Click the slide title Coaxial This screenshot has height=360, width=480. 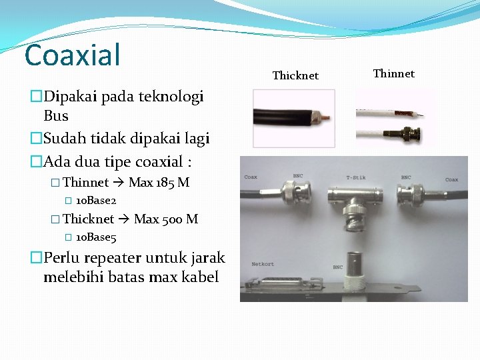click(72, 55)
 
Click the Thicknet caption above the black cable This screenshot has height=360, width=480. click(295, 76)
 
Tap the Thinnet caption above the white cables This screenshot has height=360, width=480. click(393, 74)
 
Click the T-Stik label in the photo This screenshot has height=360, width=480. click(356, 177)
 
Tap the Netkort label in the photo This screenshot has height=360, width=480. click(263, 265)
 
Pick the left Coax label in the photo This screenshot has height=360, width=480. click(251, 177)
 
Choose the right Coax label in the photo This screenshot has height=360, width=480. click(451, 179)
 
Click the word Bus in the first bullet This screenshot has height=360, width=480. click(56, 116)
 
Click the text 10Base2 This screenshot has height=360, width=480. click(96, 201)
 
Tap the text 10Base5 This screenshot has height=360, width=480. click(96, 237)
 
